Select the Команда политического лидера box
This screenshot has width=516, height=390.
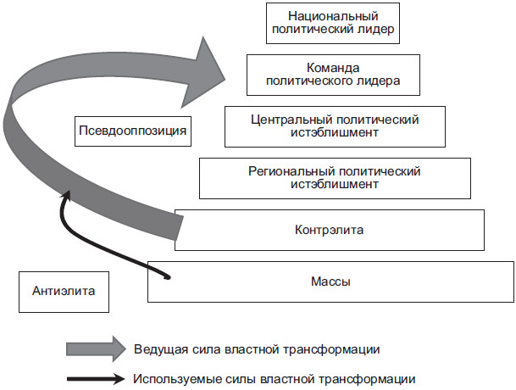(x=333, y=74)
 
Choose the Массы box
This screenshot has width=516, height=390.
(x=330, y=281)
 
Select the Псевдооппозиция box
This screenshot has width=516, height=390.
(x=131, y=131)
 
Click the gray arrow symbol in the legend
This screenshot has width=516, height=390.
(x=95, y=348)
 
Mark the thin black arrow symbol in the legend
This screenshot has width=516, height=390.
(x=95, y=378)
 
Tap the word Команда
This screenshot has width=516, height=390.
(x=333, y=66)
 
